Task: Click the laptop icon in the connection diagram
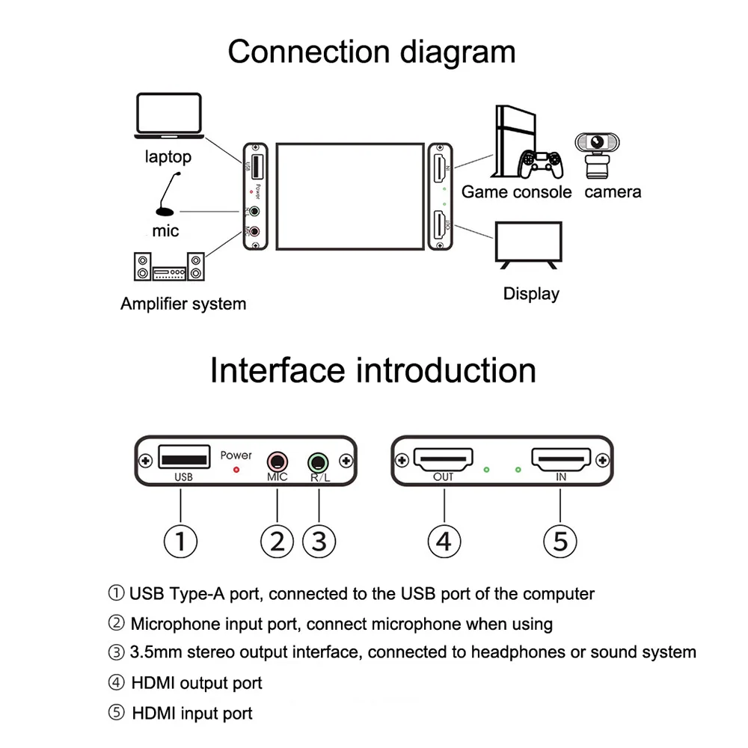(168, 116)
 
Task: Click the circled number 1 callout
(180, 541)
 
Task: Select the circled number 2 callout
(278, 541)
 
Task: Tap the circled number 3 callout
(319, 541)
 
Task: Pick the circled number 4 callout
(444, 541)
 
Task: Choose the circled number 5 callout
(560, 541)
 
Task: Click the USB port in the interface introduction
(183, 456)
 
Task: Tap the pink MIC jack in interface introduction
(278, 461)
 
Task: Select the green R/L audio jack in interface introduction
(319, 462)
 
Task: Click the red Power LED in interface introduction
(237, 470)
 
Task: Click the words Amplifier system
(183, 304)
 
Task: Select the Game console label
(516, 192)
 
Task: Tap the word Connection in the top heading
(307, 52)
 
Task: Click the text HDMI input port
(192, 714)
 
